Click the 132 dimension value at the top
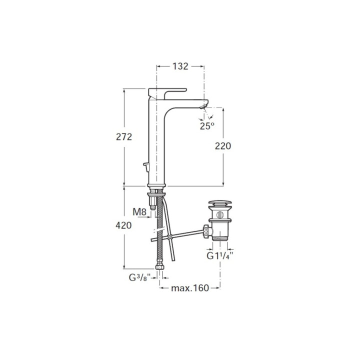pos(180,66)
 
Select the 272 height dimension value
pos(124,137)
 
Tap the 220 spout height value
pos(223,146)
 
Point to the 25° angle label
pos(207,126)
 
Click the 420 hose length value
pos(123,225)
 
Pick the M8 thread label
pos(139,212)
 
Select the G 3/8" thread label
pos(139,277)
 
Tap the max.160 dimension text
pos(190,288)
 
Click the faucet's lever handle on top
pos(167,92)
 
